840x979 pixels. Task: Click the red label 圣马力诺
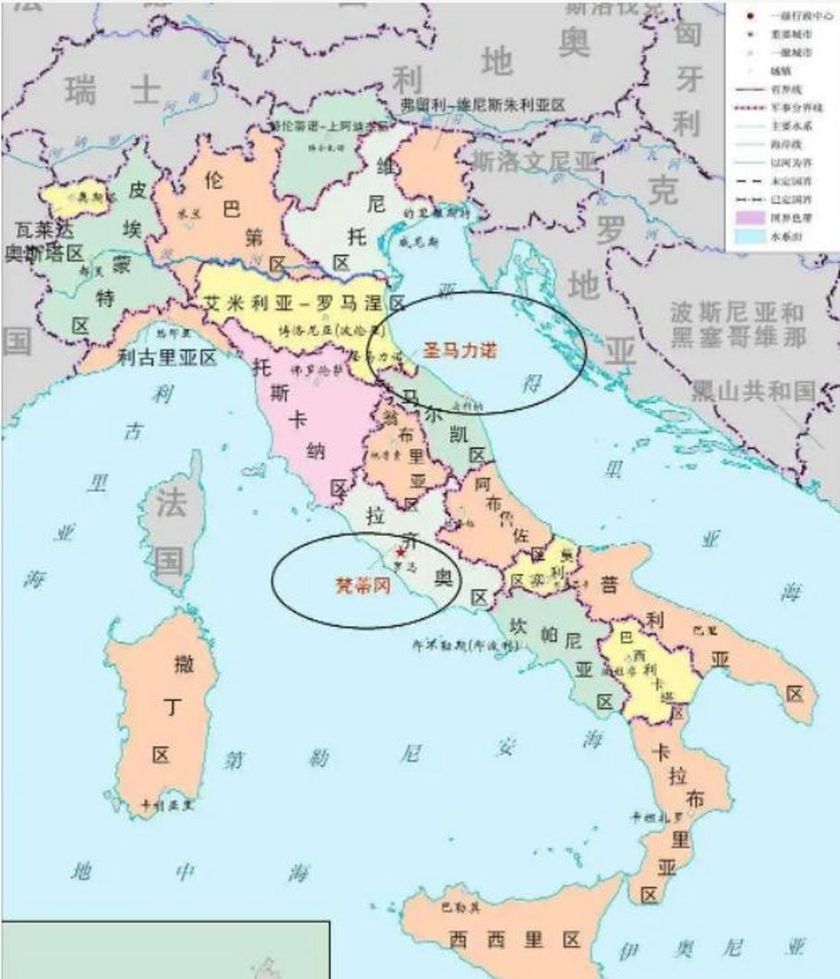click(x=458, y=350)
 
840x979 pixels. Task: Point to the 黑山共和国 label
click(x=752, y=392)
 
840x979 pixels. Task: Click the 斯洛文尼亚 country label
click(x=534, y=161)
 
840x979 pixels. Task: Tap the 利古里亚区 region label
click(x=167, y=356)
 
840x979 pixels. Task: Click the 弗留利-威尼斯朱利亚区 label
click(x=482, y=105)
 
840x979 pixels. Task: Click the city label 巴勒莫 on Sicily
click(x=461, y=907)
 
